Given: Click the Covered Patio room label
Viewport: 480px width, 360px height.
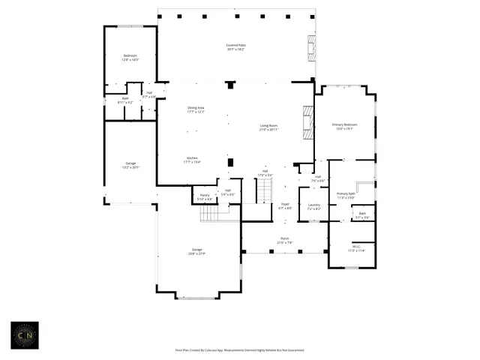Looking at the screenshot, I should pyautogui.click(x=235, y=47).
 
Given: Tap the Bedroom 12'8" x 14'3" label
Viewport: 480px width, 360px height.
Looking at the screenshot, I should pyautogui.click(x=130, y=58).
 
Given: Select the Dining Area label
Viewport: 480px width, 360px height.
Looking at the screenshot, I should pyautogui.click(x=196, y=109).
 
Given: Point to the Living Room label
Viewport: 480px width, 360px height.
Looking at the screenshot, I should pyautogui.click(x=268, y=127).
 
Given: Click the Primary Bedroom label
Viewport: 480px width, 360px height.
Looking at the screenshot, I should pyautogui.click(x=344, y=126).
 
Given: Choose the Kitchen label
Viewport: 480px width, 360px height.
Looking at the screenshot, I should pyautogui.click(x=192, y=159).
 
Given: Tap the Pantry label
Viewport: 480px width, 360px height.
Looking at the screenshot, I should pyautogui.click(x=204, y=197).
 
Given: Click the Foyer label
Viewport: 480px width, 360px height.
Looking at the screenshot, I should pyautogui.click(x=285, y=205).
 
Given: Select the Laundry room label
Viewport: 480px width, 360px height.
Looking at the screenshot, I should pyautogui.click(x=313, y=206).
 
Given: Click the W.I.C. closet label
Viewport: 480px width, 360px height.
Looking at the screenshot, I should pyautogui.click(x=355, y=248).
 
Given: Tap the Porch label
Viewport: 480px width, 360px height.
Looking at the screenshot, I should pyautogui.click(x=285, y=240).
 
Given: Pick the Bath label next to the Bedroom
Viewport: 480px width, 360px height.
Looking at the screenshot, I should pyautogui.click(x=125, y=100).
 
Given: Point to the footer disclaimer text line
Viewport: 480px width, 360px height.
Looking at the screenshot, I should pyautogui.click(x=239, y=349).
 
